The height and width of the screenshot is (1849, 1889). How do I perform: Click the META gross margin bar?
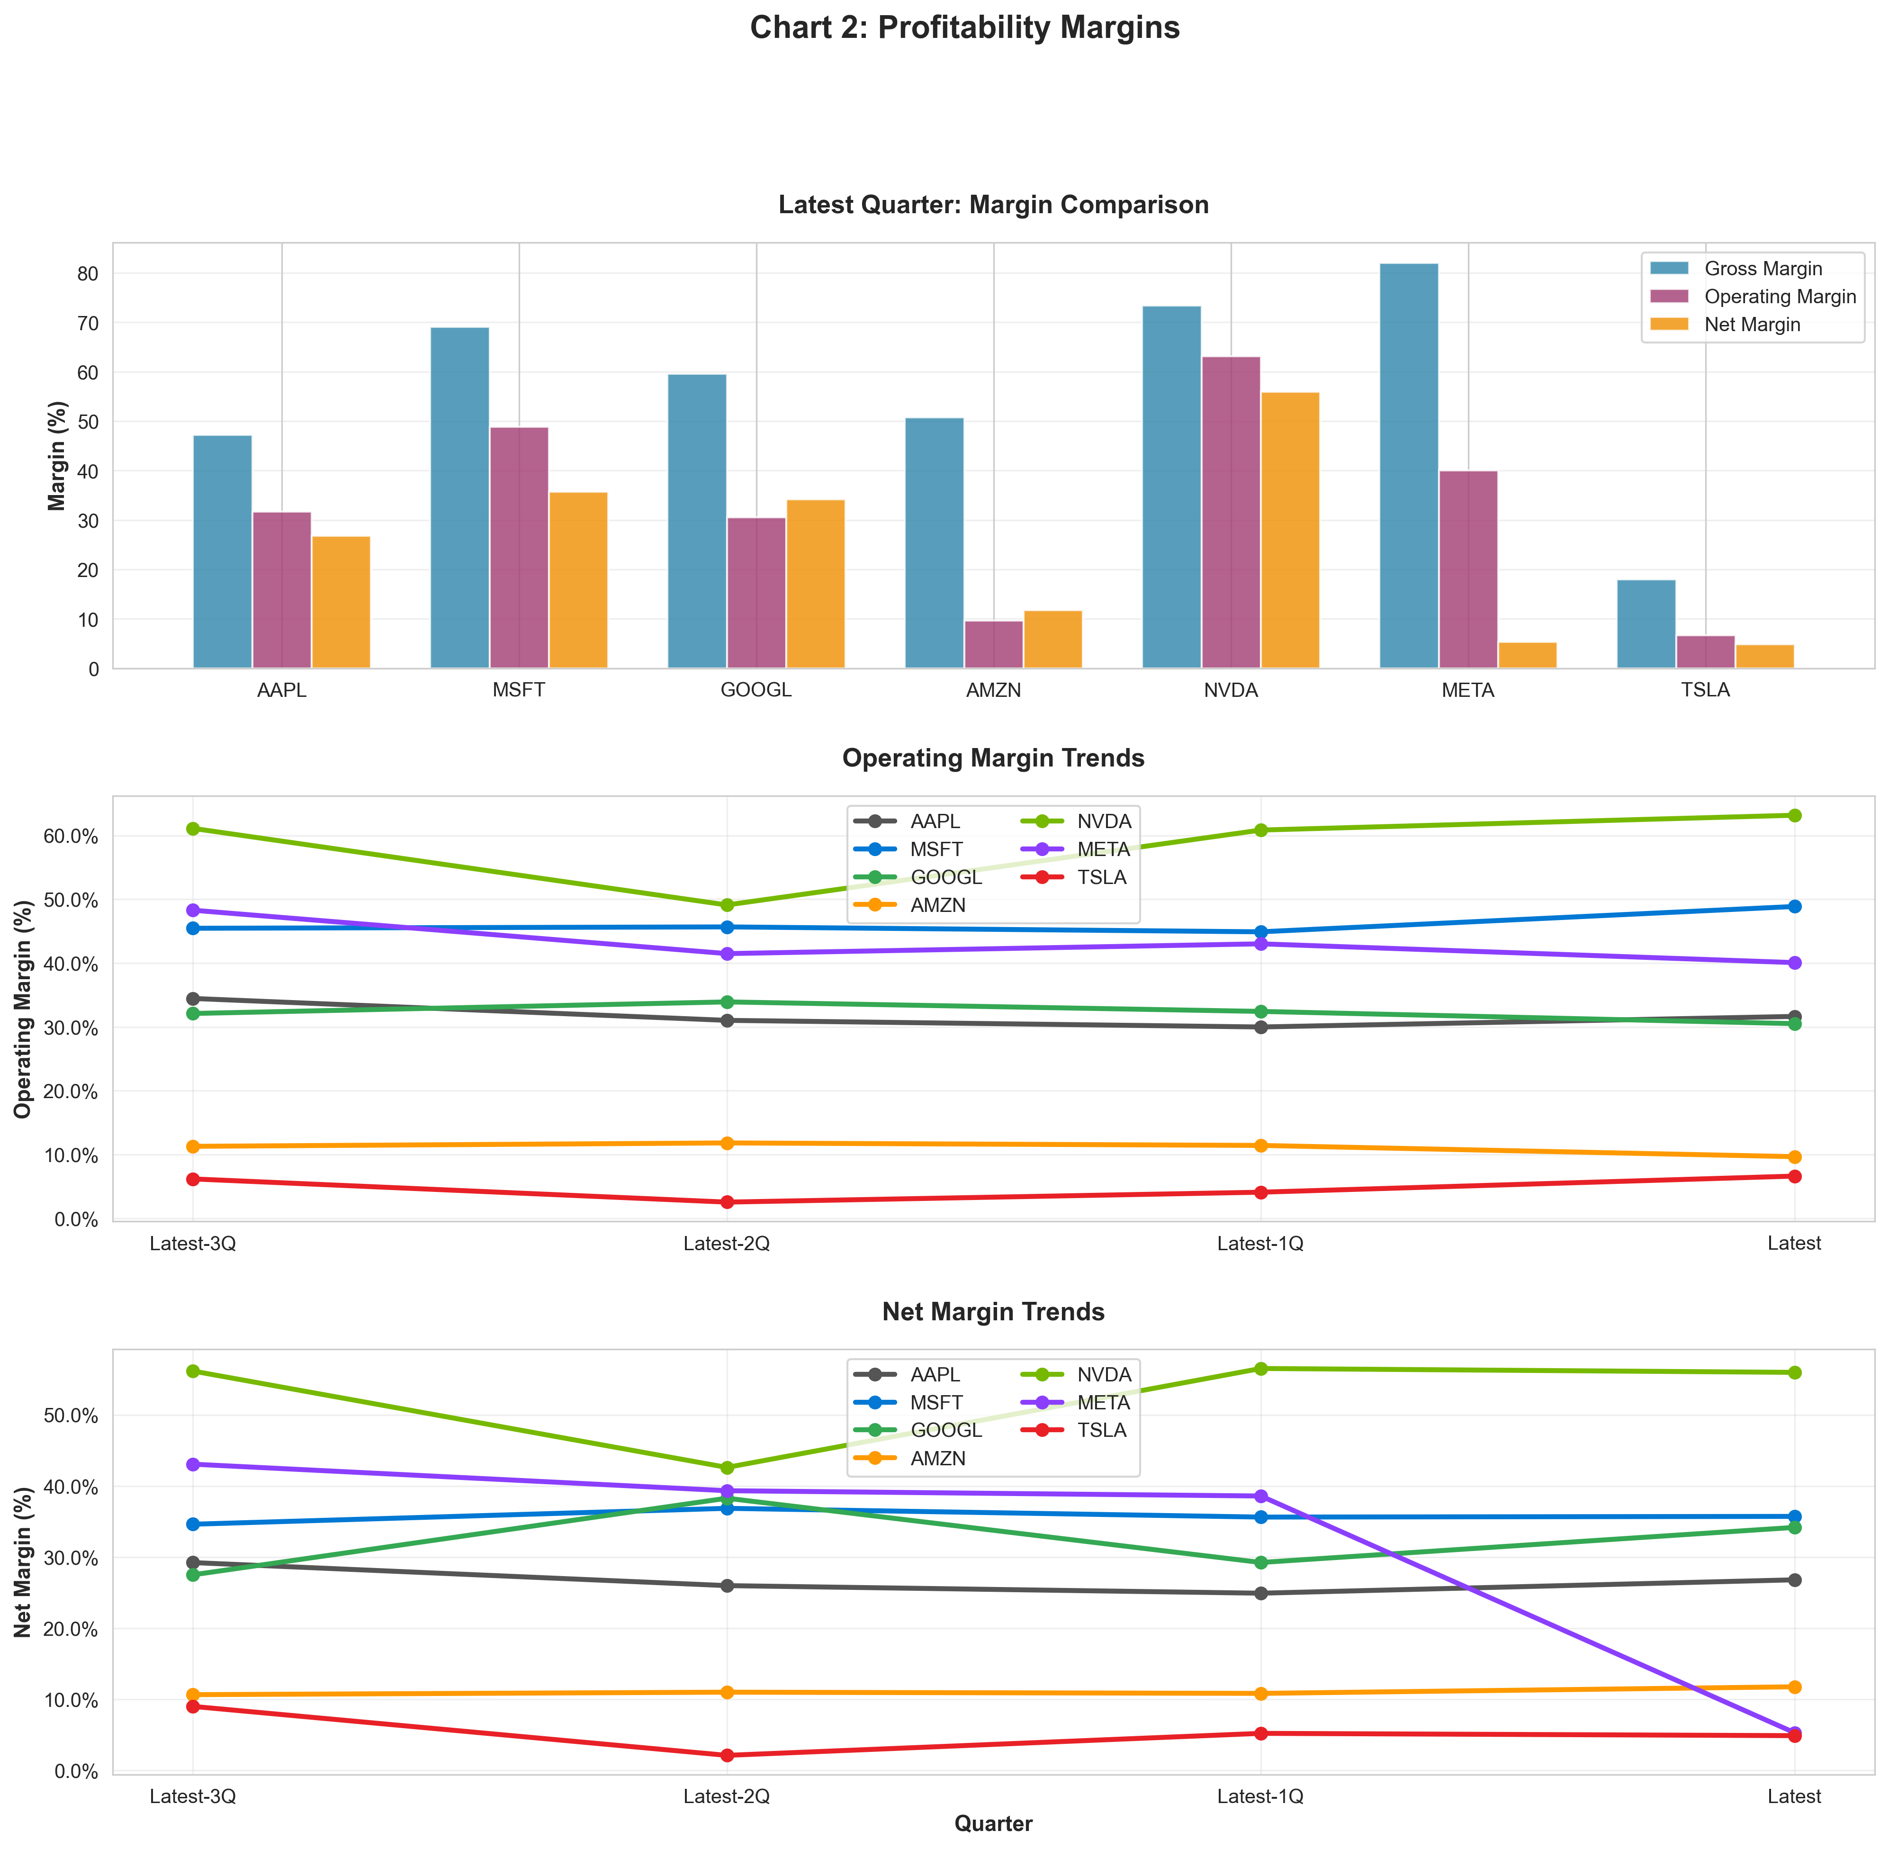tap(1408, 466)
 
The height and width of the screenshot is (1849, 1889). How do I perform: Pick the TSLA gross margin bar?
tap(1645, 624)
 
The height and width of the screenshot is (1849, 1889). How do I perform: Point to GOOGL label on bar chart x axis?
tap(756, 692)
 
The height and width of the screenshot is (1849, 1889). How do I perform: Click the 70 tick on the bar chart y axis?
tap(88, 324)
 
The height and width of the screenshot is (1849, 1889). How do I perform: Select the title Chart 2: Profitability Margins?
tap(964, 28)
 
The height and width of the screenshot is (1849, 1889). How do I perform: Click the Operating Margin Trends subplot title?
tap(992, 758)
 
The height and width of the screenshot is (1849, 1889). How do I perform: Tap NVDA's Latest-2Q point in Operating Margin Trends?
tap(727, 905)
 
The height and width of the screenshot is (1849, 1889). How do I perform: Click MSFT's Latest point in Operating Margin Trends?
tap(1794, 906)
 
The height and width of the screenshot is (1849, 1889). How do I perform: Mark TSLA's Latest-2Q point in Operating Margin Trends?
tap(727, 1202)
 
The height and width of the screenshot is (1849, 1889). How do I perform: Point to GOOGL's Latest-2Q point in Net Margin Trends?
tap(727, 1498)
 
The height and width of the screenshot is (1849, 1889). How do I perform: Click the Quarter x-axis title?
tap(992, 1824)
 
